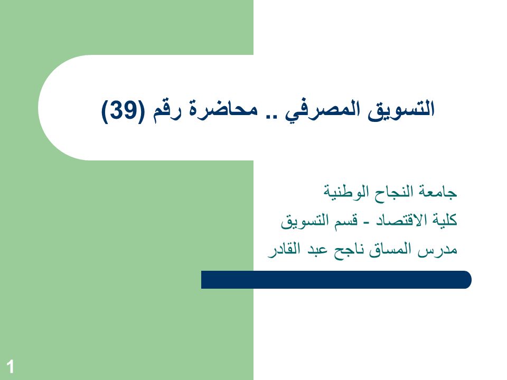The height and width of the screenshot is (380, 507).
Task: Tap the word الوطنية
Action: click(346, 191)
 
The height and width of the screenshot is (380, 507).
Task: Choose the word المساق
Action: click(391, 250)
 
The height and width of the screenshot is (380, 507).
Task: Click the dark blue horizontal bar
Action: click(336, 280)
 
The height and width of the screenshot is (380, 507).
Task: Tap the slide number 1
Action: click(11, 367)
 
